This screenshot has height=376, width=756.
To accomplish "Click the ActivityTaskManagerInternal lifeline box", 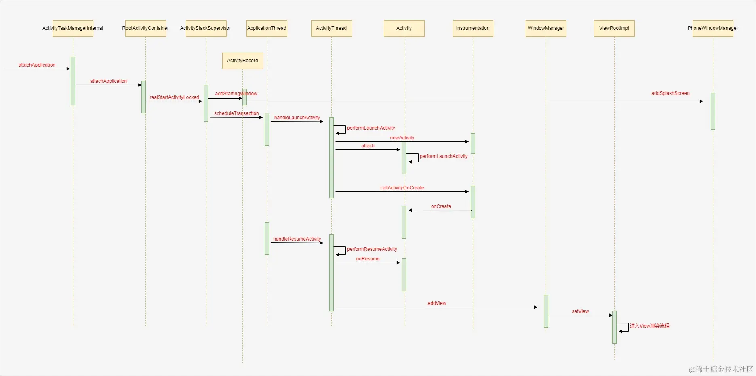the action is coord(73,28).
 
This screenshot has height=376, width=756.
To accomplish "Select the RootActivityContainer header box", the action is coord(145,28).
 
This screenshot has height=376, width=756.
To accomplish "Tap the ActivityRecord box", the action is coord(242,61).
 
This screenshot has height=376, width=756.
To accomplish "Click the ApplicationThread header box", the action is coord(267,28).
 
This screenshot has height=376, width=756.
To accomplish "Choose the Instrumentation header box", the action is coord(473,28).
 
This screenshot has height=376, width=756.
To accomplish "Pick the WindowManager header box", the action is coord(546,28).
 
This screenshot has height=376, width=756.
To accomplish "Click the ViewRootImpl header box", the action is coord(614,28).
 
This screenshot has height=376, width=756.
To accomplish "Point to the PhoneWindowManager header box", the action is coord(713,28).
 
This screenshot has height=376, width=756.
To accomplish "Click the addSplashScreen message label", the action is coord(670,93).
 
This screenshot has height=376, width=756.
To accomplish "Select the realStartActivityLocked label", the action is coord(174,97).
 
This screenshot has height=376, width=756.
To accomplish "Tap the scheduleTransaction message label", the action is coord(236,113).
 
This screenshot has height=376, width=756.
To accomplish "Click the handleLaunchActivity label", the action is coord(297,118).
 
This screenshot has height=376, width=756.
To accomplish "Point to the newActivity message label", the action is coord(402,138).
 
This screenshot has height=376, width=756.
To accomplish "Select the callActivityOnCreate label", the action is coord(402,188).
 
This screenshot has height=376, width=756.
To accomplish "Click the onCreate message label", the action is coord(441,206).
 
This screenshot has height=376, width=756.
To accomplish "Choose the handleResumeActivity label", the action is coord(297,239).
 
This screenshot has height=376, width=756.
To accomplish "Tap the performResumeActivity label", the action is coord(372,249).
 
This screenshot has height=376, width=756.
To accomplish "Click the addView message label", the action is coord(437,303).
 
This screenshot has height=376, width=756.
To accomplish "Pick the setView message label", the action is coord(580,311).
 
